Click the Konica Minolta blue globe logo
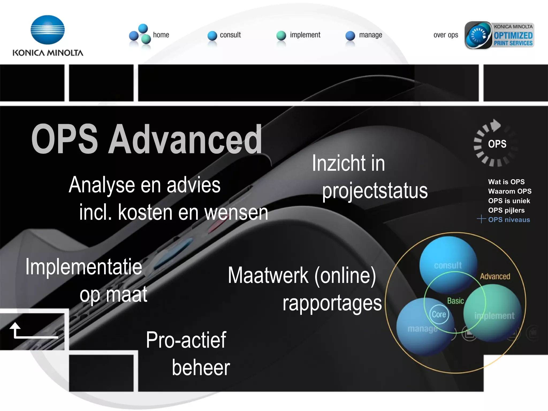[x=48, y=30]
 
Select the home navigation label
[x=161, y=35]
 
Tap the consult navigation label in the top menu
[x=230, y=35]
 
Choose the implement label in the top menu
[x=305, y=35]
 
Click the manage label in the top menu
[x=371, y=35]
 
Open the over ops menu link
[x=446, y=35]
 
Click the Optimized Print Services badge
[x=499, y=35]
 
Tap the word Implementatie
[x=84, y=267]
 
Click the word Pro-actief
[x=186, y=340]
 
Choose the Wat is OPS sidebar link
[x=506, y=182]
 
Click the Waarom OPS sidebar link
[x=509, y=191]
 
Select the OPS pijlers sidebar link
[x=506, y=210]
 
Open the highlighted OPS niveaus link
[x=509, y=220]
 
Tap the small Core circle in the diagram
[x=439, y=314]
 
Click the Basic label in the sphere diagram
[x=455, y=301]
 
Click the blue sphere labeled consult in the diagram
[x=448, y=264]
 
